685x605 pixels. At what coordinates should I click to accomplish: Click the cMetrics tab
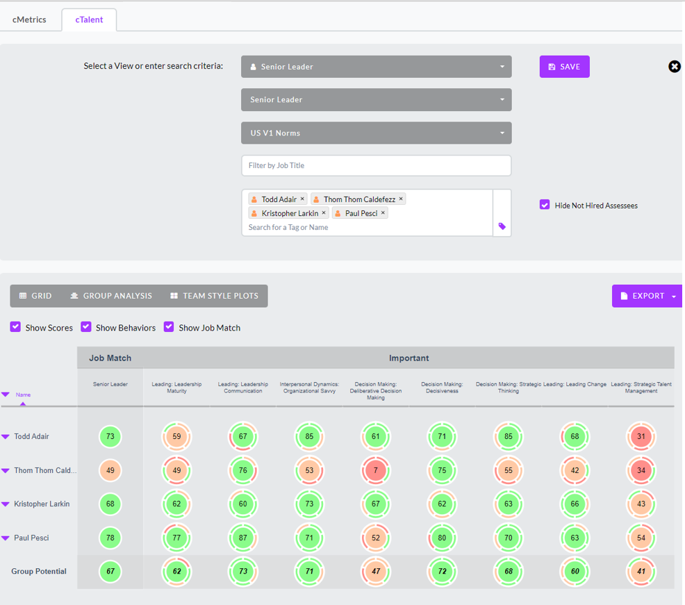point(29,19)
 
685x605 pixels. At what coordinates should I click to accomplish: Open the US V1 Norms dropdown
point(376,133)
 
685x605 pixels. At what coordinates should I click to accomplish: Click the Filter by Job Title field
point(376,165)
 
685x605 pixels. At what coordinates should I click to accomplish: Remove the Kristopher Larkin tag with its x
point(324,213)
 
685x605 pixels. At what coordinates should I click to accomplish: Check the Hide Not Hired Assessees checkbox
point(545,205)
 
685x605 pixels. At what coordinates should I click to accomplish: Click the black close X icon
point(675,67)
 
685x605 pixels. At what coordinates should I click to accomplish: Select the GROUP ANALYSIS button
point(111,296)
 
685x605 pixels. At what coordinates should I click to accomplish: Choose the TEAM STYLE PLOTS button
point(214,296)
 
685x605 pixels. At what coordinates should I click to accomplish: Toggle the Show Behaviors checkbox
point(86,327)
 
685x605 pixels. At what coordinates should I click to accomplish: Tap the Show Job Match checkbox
point(169,327)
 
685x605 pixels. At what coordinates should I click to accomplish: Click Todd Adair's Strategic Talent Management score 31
point(641,437)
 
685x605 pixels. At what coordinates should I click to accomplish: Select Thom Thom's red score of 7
point(375,470)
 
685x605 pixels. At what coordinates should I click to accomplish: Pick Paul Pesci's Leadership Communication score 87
point(242,538)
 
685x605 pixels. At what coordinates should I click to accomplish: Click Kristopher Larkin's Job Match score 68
point(110,504)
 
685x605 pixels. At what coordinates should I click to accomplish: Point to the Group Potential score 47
point(375,572)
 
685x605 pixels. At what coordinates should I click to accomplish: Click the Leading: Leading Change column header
point(574,384)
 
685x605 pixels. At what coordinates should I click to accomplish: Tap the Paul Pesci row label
point(31,538)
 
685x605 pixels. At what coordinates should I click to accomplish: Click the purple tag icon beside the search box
point(502,226)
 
